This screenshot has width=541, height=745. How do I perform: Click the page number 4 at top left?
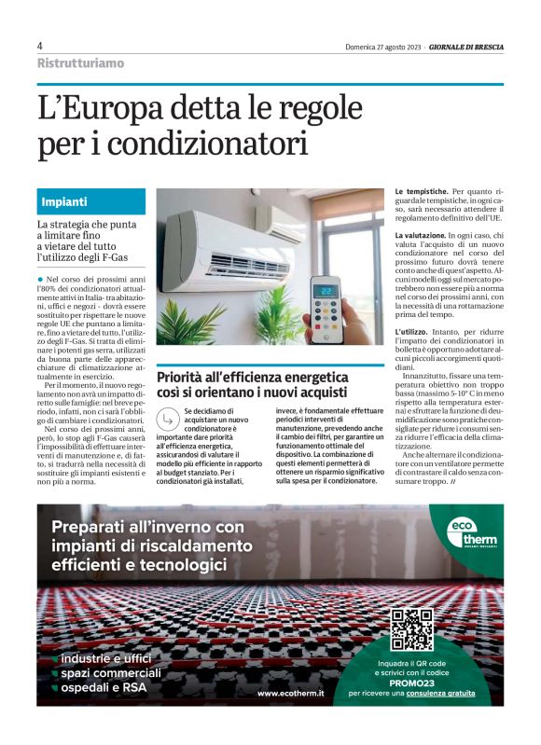coord(40,46)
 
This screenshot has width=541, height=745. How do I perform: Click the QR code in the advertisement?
coord(411,629)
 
